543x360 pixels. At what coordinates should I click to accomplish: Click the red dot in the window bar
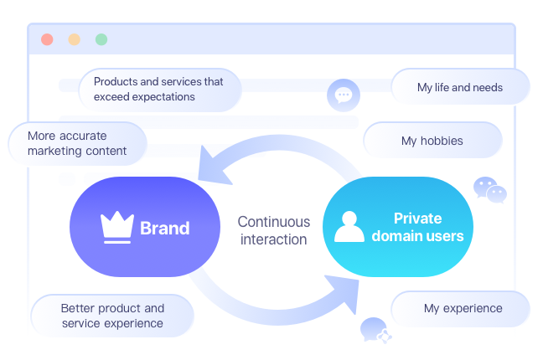click(x=47, y=39)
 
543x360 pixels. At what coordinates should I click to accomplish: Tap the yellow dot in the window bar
click(x=74, y=39)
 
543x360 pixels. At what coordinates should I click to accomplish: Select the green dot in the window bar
click(x=101, y=39)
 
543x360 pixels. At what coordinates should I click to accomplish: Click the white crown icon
click(x=117, y=227)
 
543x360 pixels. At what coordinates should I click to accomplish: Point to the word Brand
click(x=165, y=228)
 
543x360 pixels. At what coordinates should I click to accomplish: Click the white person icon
click(x=349, y=226)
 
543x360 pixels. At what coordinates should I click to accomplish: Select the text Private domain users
click(x=417, y=227)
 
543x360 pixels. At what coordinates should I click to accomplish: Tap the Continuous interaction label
click(x=273, y=230)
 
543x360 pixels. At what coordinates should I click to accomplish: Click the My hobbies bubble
click(x=432, y=140)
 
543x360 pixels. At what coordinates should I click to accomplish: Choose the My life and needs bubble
click(x=461, y=86)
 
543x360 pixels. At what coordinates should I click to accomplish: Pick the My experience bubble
click(x=461, y=309)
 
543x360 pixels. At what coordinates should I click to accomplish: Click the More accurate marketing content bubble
click(x=78, y=143)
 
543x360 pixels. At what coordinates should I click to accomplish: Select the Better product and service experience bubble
click(x=112, y=316)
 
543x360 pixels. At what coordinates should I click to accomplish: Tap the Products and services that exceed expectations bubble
click(x=160, y=90)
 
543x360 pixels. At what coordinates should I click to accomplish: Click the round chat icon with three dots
click(x=344, y=95)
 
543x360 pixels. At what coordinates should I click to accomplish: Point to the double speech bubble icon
click(x=490, y=190)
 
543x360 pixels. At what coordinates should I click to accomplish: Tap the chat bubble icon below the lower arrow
click(x=375, y=330)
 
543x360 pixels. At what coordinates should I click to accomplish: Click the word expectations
click(x=169, y=97)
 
